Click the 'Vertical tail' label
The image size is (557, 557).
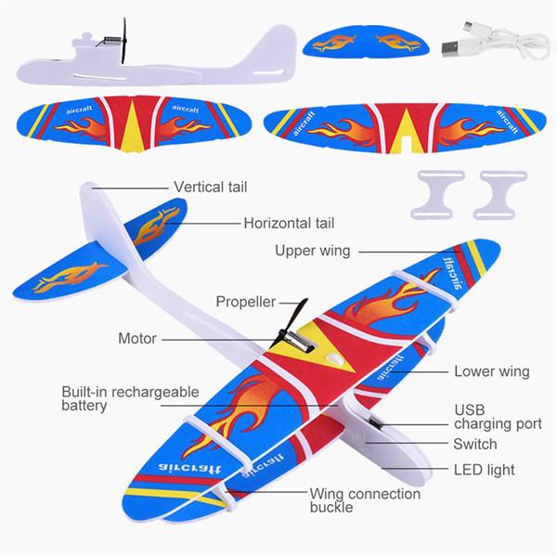point(211,187)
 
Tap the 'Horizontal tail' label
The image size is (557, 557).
point(289,223)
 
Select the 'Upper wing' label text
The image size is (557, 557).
point(313,251)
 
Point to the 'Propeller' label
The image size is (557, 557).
point(246,302)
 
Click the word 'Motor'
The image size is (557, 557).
point(137,338)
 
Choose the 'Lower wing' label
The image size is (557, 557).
point(492,371)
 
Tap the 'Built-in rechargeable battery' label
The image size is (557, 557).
point(130,398)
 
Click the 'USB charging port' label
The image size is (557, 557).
point(498,417)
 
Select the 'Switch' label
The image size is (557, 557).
point(475,444)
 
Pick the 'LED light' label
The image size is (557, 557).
point(485,470)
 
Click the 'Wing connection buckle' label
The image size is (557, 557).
point(365,500)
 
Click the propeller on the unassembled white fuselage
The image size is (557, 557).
point(124,41)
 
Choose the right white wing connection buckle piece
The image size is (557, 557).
point(500,195)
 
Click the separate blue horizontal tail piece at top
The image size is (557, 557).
point(366,41)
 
